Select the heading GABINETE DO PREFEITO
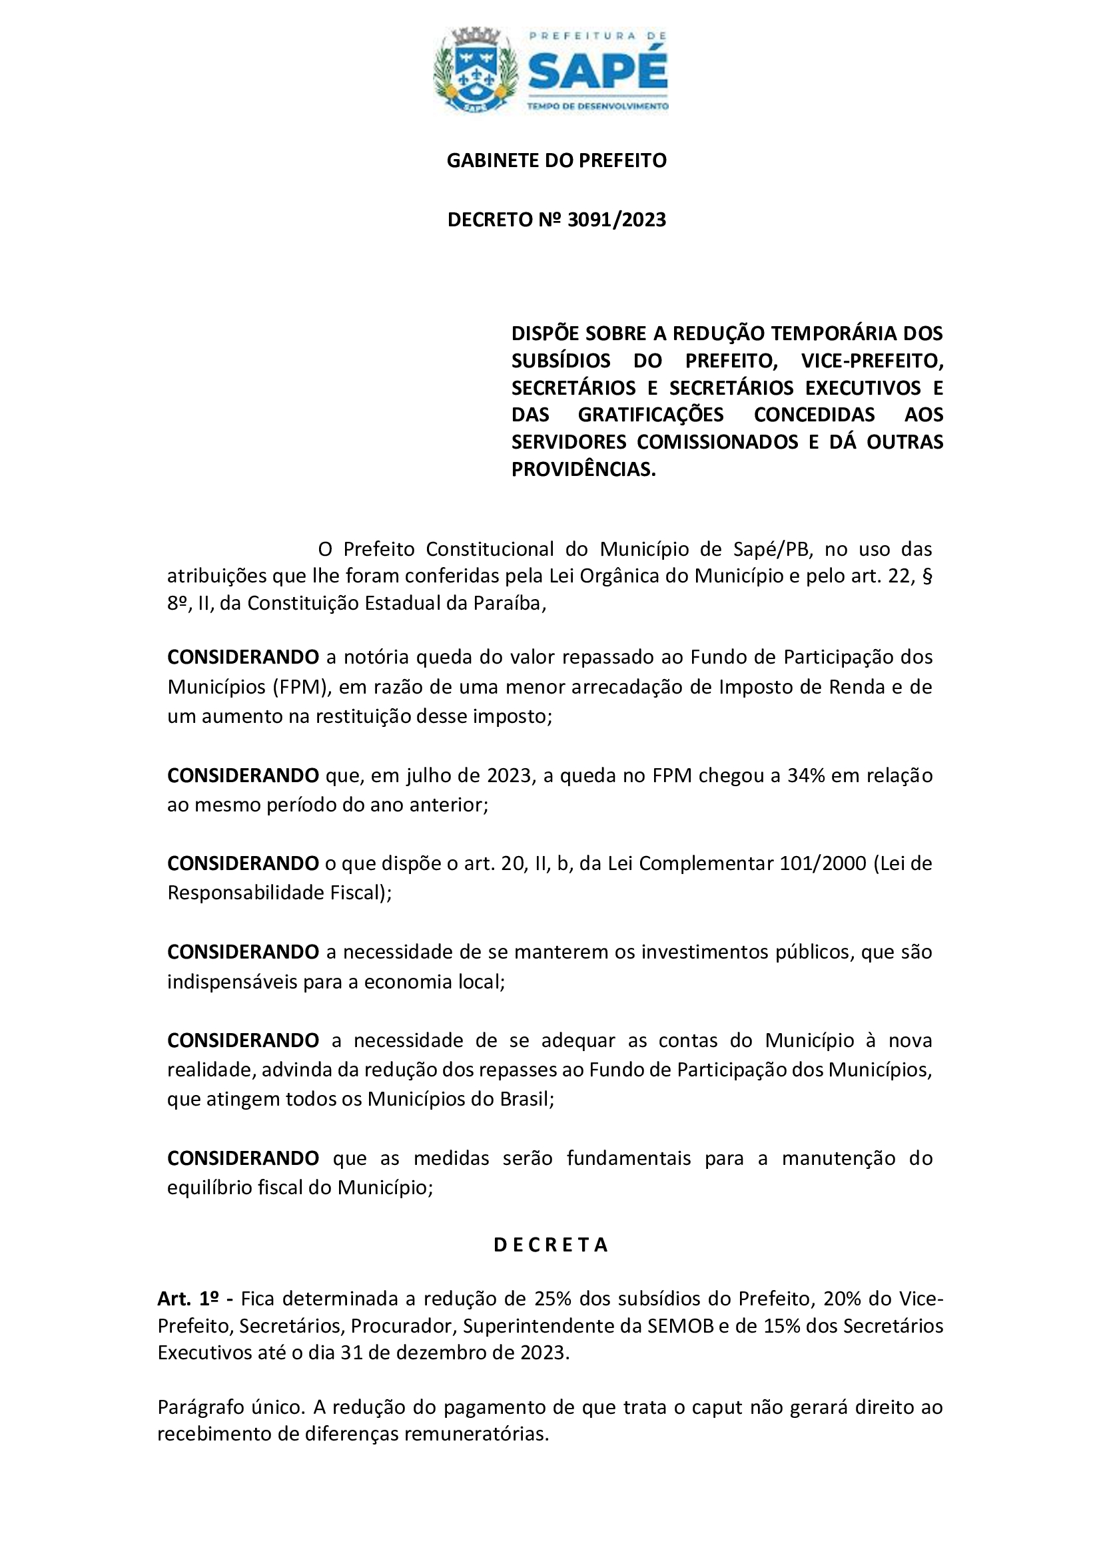(x=556, y=160)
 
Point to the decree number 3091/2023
(x=617, y=220)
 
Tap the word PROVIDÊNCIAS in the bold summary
(x=583, y=469)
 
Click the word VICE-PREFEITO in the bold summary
(x=873, y=361)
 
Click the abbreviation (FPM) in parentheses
(x=301, y=687)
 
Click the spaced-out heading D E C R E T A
(x=550, y=1245)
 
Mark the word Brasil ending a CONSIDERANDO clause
(x=526, y=1099)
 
